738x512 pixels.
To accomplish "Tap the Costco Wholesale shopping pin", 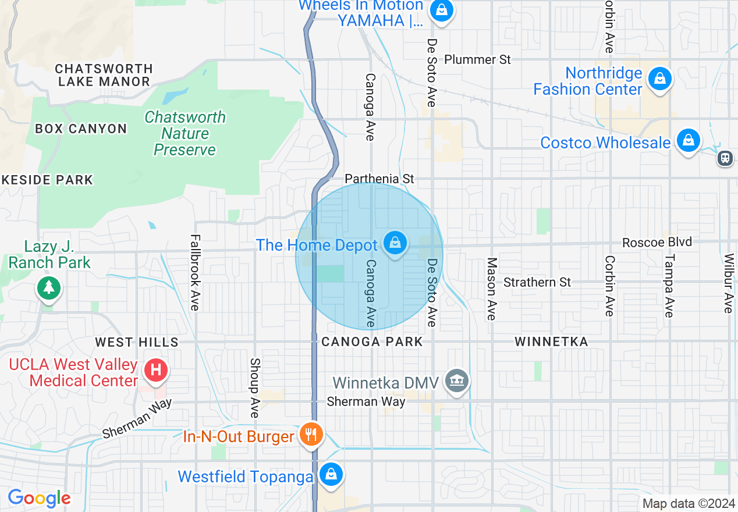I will click(688, 141).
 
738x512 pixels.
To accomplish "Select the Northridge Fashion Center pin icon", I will click(659, 79).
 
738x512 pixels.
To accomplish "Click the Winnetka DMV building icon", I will click(457, 381).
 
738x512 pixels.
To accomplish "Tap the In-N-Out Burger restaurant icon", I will click(312, 434).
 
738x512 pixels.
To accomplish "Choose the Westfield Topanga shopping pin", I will click(331, 475).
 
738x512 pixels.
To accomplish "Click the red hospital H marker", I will click(155, 369).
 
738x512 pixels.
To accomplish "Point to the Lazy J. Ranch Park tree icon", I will click(48, 287).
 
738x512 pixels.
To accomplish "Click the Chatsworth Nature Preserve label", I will click(185, 133).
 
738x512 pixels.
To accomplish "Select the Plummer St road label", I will click(477, 59).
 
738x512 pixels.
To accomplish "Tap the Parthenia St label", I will click(379, 179).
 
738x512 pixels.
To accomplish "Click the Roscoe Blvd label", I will click(657, 242).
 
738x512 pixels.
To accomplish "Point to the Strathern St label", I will click(537, 282).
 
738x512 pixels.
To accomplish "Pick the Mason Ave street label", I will click(492, 289).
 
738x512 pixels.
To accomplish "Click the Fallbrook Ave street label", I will click(195, 272).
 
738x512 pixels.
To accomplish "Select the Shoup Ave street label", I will click(254, 387).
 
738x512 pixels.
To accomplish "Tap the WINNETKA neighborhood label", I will click(551, 342).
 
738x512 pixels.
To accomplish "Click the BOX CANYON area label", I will click(81, 129).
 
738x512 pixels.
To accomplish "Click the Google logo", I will click(39, 498).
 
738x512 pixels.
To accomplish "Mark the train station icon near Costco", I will click(725, 158).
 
